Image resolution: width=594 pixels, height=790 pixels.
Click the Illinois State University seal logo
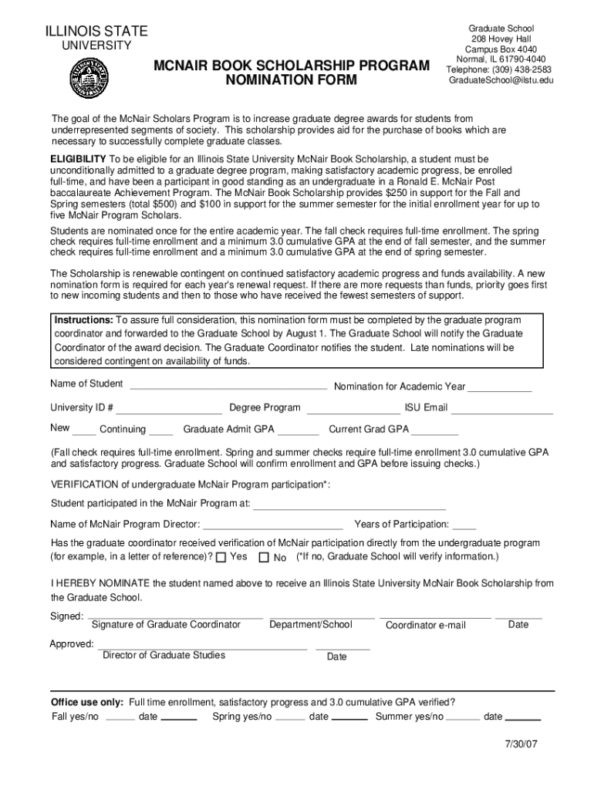(x=89, y=79)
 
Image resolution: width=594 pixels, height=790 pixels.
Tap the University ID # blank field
(x=169, y=411)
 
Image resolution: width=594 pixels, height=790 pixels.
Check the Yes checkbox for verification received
(x=221, y=557)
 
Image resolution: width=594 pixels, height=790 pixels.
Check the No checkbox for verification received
(x=264, y=557)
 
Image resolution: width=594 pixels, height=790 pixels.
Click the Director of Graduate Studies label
(x=164, y=655)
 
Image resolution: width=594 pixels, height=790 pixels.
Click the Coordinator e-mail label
(x=426, y=625)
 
